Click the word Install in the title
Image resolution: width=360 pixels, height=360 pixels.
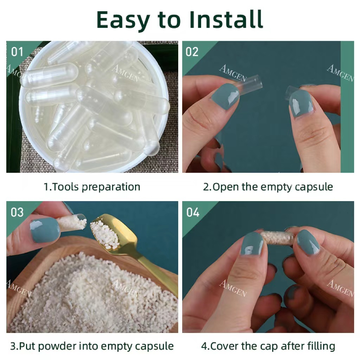226,20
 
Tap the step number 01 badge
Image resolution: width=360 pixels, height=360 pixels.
17,52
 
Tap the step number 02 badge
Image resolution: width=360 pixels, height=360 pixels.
192,52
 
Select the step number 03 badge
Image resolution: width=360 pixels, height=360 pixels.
17,212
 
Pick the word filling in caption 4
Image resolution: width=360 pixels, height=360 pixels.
321,346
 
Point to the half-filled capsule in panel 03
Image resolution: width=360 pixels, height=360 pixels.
72,222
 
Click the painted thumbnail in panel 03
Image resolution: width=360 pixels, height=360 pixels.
45,230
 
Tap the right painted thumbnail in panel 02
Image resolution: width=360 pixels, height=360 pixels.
301,103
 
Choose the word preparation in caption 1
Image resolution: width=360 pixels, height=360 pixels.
111,187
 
